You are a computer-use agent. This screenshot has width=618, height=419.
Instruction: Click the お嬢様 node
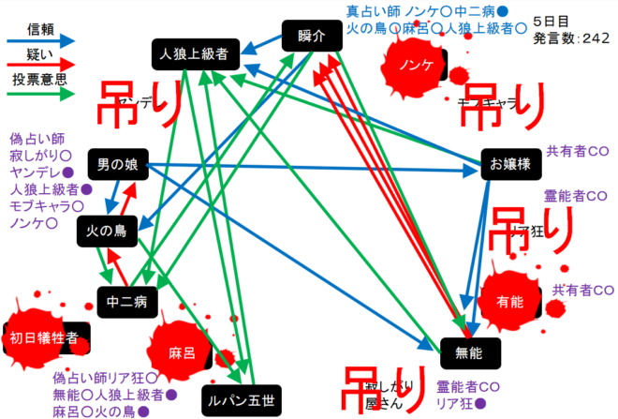pos(510,163)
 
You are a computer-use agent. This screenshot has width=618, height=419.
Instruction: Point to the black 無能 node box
pos(470,352)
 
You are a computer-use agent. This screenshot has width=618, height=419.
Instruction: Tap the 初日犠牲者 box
pos(44,337)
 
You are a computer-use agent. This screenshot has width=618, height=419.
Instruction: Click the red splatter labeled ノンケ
pos(415,67)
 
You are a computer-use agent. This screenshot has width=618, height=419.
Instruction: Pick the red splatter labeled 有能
pos(510,301)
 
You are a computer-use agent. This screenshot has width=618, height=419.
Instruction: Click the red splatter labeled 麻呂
pos(182,353)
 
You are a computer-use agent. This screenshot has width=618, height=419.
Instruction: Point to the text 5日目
pos(550,20)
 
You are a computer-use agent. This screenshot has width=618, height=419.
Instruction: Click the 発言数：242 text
pos(571,38)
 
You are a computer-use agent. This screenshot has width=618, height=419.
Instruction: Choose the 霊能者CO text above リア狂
pos(576,196)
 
